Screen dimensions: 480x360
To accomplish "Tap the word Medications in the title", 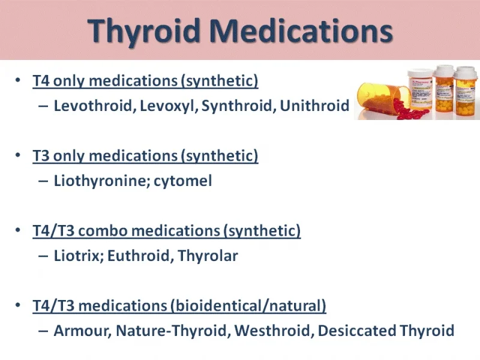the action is [302, 30].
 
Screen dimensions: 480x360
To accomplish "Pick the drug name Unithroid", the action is [314, 106].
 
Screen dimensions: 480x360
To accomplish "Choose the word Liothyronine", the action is [102, 181].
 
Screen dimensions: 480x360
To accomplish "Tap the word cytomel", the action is [183, 181].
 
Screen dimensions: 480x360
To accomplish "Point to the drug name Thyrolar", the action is [208, 256].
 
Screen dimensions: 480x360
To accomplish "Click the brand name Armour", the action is [83, 331].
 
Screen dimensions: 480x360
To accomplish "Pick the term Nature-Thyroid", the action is [173, 331].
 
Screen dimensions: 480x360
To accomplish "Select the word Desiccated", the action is [356, 331].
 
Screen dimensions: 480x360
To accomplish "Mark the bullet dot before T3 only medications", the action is [18, 155].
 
